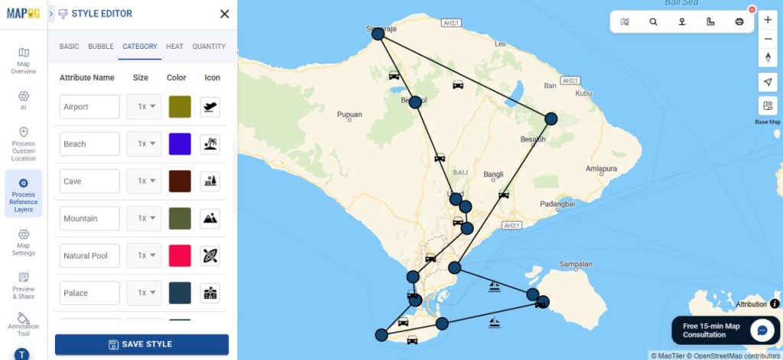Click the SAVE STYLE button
(141, 344)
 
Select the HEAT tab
(174, 47)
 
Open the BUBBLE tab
(101, 47)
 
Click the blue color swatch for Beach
(180, 144)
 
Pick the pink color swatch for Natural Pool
(180, 255)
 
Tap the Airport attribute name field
(89, 107)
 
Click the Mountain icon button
(210, 219)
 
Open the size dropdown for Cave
(145, 181)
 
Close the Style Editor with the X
(224, 14)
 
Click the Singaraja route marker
(378, 34)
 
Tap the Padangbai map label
(556, 204)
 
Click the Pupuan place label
(349, 115)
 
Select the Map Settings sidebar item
(23, 242)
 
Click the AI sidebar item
(23, 99)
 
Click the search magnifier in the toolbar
(653, 21)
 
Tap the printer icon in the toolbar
(739, 21)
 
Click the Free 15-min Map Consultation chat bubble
(762, 330)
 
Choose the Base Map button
(768, 106)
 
